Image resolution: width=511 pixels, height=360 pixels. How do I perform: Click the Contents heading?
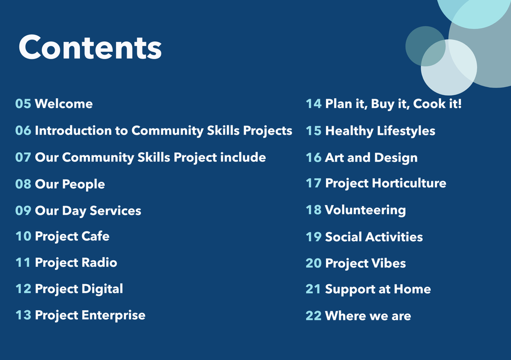pos(90,47)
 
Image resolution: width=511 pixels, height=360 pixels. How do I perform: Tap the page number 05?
pos(23,104)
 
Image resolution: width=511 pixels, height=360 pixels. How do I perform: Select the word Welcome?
pos(64,104)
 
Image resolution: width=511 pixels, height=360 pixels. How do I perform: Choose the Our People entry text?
pos(70,184)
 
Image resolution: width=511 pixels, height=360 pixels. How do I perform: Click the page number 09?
pos(23,210)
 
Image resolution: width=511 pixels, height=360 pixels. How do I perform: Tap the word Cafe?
pos(96,236)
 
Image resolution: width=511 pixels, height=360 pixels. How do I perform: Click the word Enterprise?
pos(114,315)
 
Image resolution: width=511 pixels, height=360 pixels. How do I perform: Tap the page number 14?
pos(314,104)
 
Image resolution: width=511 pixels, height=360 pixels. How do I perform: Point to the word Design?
pos(396,158)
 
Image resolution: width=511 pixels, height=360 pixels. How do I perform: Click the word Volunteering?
pos(366,210)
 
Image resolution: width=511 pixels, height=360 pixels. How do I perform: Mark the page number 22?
pos(314,316)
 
